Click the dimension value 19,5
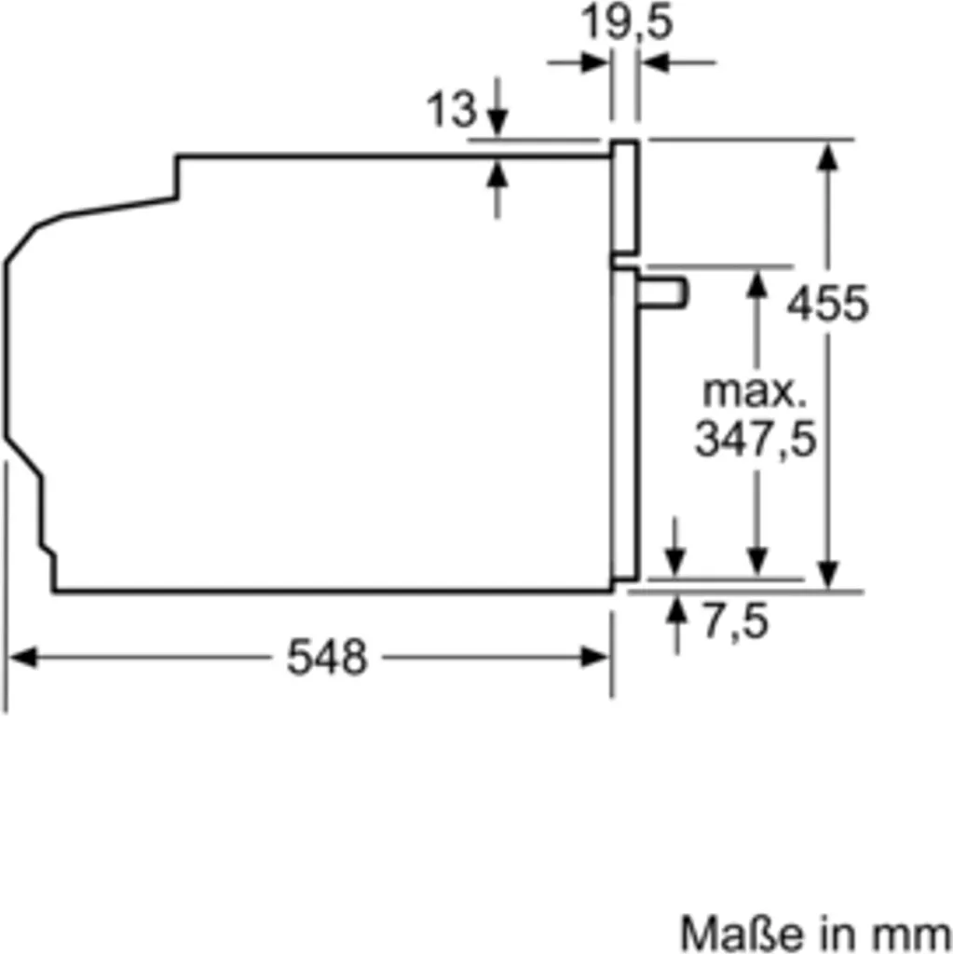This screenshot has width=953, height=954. (626, 22)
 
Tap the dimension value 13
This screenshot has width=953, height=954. (452, 111)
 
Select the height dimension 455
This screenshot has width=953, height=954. (827, 303)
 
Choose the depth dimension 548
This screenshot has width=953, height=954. (327, 658)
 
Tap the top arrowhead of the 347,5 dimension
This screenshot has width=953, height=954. (757, 282)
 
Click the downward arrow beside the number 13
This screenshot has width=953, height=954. (497, 119)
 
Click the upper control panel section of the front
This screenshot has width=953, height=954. (624, 197)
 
